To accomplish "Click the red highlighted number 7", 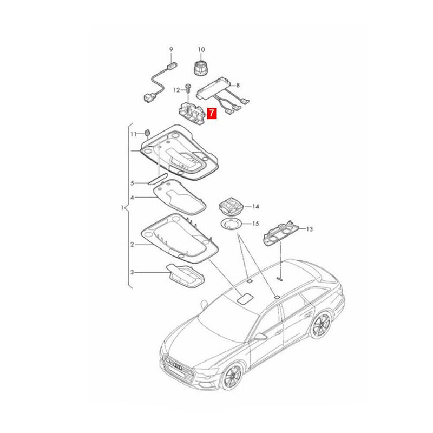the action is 212,113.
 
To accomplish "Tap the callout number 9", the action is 171,49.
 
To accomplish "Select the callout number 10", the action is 201,49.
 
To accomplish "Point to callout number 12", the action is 177,90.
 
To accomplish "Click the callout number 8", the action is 238,86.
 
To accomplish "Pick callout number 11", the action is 134,134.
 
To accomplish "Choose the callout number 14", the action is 255,207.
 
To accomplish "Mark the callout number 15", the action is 255,224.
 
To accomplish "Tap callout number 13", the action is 310,229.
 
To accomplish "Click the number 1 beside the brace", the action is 123,207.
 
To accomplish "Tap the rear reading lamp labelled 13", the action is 281,233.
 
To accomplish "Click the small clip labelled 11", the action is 147,133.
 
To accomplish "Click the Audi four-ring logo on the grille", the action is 177,367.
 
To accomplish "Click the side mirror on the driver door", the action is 260,336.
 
